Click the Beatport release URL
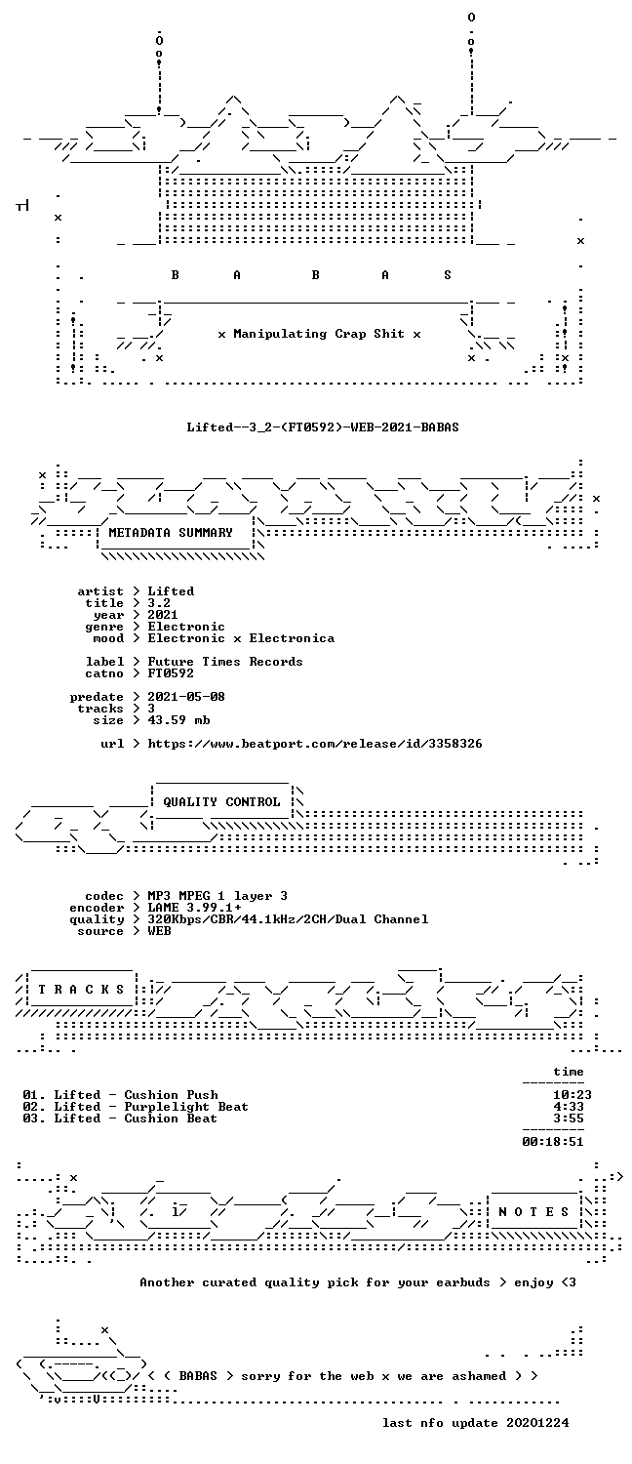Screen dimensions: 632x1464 (315, 744)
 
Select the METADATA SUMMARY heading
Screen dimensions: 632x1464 (171, 533)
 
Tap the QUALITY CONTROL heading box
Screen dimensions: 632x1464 (221, 802)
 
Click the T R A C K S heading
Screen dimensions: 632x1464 (81, 990)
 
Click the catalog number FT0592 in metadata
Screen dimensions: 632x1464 (171, 673)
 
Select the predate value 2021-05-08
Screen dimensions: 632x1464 (186, 697)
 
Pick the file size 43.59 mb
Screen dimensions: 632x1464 (178, 720)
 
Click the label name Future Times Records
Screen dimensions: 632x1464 (225, 662)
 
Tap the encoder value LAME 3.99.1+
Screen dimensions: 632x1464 (194, 908)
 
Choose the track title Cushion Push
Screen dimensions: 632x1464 (171, 1095)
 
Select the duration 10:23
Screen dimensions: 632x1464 (573, 1095)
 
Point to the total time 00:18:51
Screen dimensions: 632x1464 (553, 1142)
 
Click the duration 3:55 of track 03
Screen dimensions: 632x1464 (569, 1118)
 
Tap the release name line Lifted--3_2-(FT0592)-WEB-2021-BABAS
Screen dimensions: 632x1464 (323, 427)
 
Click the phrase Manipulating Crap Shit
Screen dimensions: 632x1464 (319, 334)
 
